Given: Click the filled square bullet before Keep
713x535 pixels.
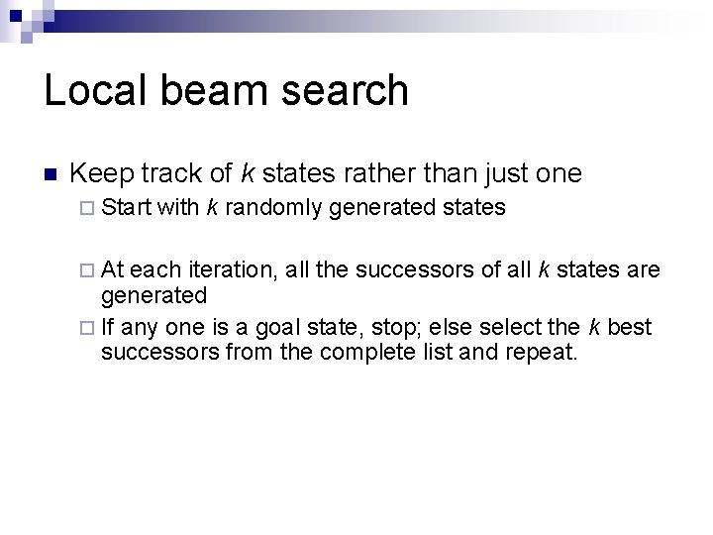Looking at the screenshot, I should [51, 175].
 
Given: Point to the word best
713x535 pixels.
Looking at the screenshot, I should [632, 327].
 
